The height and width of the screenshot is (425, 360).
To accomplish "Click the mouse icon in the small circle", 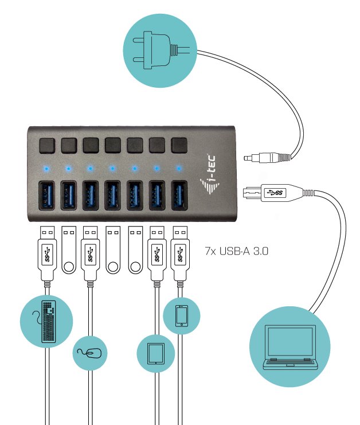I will (92, 352).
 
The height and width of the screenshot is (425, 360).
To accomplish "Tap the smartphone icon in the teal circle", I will (182, 315).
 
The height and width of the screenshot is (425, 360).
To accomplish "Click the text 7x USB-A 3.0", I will (236, 251).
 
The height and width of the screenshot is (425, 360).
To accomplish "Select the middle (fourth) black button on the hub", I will (112, 144).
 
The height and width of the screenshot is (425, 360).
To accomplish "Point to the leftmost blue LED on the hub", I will (46, 169).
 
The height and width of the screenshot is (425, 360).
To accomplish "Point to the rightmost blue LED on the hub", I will (178, 168).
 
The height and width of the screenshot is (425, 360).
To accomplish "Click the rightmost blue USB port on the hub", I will (178, 195).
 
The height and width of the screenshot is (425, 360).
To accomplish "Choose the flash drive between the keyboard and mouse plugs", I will (69, 250).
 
